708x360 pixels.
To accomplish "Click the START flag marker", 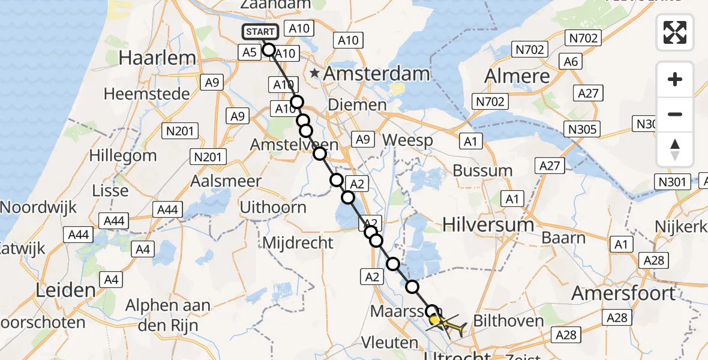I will point(260,32).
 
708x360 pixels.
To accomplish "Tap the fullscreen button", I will point(675,32).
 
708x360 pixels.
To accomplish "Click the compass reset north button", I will point(675,149).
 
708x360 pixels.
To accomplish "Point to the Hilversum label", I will point(488,225).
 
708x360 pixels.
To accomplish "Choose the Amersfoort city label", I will point(623,293).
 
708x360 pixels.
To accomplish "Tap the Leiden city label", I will point(66,291).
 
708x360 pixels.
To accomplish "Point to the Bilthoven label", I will point(509,320).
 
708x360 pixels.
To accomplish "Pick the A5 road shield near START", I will point(250,52).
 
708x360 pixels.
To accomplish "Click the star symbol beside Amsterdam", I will point(314,74).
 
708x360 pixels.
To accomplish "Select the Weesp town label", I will point(407,141).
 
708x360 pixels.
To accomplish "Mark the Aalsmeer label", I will point(226,181).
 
